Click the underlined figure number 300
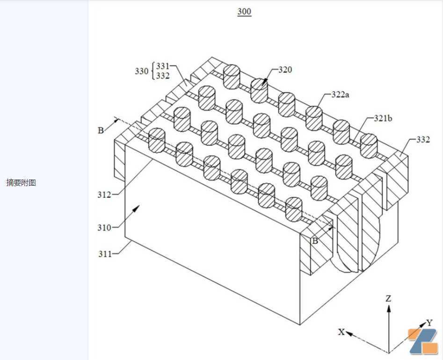point(244,12)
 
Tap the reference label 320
point(285,70)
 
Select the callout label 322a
point(340,94)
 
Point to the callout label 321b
point(383,118)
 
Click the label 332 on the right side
point(423,139)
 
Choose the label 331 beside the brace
point(163,66)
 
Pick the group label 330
point(142,71)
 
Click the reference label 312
point(104,194)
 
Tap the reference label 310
point(104,227)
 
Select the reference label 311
point(105,254)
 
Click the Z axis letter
point(388,298)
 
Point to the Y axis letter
point(429,323)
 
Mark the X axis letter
point(341,332)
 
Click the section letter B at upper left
point(101,130)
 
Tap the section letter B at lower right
point(315,241)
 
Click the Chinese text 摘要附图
point(21,183)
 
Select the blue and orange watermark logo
point(423,341)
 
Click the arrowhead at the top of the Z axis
point(389,308)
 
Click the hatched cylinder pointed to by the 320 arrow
point(259,90)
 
